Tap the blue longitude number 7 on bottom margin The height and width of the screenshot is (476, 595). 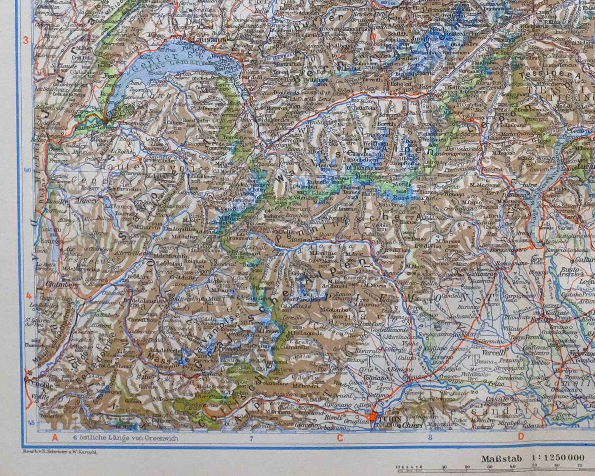coord(251,438)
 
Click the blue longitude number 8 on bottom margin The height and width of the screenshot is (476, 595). coord(430,438)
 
